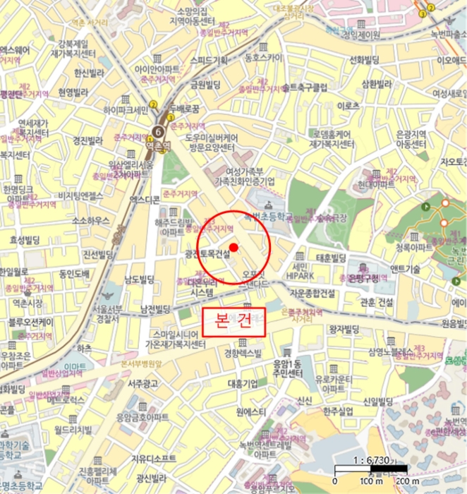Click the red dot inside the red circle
[234, 246]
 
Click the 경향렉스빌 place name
[243, 353]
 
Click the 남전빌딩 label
[156, 309]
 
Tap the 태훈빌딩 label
[332, 258]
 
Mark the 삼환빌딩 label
[375, 84]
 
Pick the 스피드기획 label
[209, 60]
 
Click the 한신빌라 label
[89, 73]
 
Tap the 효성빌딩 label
[27, 240]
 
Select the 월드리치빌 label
[74, 429]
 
